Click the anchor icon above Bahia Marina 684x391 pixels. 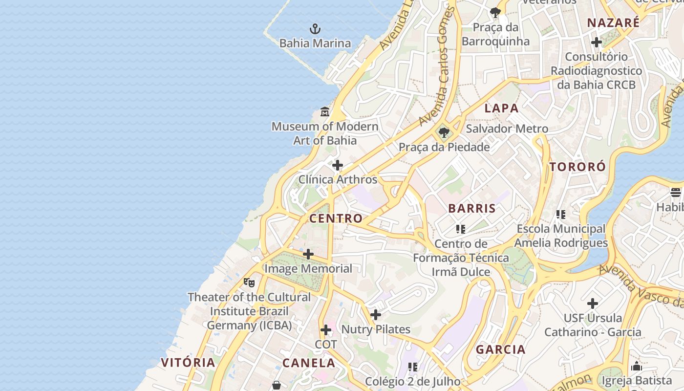(315, 29)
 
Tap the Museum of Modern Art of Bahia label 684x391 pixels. (325, 133)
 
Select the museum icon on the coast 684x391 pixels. (325, 112)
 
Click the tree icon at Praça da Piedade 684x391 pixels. (444, 132)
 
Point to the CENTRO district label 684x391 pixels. (336, 218)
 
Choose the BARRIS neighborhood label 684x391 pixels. (472, 209)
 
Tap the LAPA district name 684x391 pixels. (501, 109)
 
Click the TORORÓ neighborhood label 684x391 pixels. (577, 167)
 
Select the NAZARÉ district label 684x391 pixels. (613, 23)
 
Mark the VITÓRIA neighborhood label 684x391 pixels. (188, 363)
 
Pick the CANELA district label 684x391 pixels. (309, 363)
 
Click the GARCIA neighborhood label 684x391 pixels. (501, 350)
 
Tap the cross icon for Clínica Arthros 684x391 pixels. (338, 165)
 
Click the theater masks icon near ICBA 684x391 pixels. (249, 282)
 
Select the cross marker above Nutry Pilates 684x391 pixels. (376, 315)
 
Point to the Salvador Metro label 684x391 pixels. (507, 129)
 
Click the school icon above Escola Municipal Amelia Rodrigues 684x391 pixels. (561, 214)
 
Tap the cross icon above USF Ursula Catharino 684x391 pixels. (593, 304)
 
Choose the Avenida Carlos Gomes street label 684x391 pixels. (437, 68)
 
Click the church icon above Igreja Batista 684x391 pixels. (637, 366)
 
